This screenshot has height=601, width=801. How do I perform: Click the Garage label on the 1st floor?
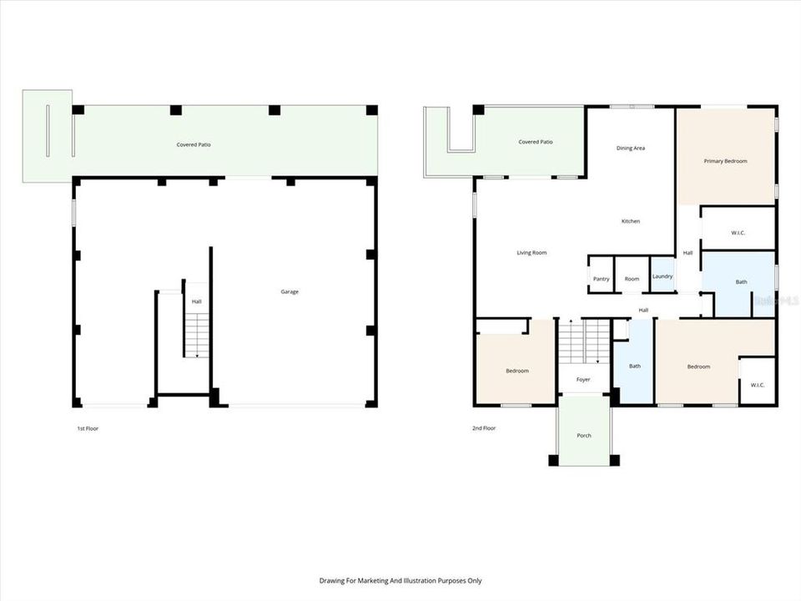(x=290, y=291)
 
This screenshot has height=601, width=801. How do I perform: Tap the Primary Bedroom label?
(x=725, y=161)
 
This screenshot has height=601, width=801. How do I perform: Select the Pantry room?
(x=601, y=279)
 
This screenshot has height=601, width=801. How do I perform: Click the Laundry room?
(x=662, y=276)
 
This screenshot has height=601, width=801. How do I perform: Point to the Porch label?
(x=584, y=436)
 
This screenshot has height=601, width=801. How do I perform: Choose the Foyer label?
(x=583, y=380)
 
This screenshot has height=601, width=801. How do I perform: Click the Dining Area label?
(x=631, y=148)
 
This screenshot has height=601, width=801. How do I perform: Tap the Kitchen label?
(x=631, y=221)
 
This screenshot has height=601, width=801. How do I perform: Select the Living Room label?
(x=531, y=252)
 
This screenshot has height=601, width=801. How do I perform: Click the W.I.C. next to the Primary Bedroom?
(x=738, y=233)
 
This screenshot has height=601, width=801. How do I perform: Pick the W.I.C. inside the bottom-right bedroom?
(x=758, y=385)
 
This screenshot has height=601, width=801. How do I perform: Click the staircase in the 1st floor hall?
(x=195, y=334)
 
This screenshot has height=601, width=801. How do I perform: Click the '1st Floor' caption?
(x=88, y=428)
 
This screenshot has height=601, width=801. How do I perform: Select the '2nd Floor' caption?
(x=484, y=428)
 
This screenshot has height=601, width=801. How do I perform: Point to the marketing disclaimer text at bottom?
(x=400, y=580)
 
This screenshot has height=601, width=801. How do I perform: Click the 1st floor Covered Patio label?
(x=193, y=144)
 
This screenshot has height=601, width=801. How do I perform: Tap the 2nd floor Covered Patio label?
(x=535, y=142)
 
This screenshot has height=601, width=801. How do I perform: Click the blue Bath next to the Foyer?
(x=634, y=366)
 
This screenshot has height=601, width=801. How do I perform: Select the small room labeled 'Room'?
(x=632, y=279)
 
